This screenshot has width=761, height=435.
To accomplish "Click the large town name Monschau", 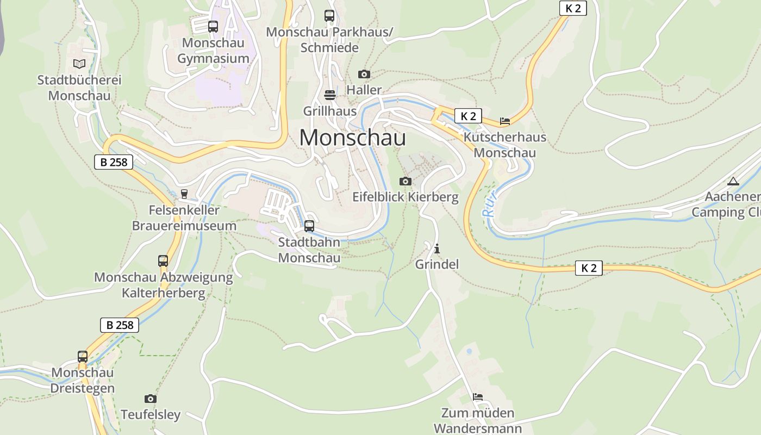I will pyautogui.click(x=352, y=138).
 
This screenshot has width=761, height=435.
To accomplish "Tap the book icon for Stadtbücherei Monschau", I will pyautogui.click(x=79, y=64).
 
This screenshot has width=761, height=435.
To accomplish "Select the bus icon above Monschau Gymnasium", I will pyautogui.click(x=213, y=26).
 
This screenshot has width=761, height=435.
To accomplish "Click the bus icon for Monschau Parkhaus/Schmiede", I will pyautogui.click(x=329, y=16).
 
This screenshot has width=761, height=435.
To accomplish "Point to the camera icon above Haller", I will pyautogui.click(x=364, y=74).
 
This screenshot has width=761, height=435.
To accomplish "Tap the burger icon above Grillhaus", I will pyautogui.click(x=329, y=95).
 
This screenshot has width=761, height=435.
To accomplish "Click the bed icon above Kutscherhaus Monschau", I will pyautogui.click(x=505, y=121).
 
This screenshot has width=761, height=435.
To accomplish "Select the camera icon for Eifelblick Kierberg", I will pyautogui.click(x=406, y=181).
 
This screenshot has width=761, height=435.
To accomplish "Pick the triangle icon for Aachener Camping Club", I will pyautogui.click(x=733, y=181).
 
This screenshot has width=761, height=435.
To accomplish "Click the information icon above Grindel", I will pyautogui.click(x=437, y=249).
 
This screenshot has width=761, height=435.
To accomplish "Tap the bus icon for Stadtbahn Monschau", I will pyautogui.click(x=309, y=226).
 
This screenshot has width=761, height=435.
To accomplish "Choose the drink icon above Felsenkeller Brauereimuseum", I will pyautogui.click(x=184, y=194).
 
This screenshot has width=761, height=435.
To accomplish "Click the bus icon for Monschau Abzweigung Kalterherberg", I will pyautogui.click(x=163, y=261).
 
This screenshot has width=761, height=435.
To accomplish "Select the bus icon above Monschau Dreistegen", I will pyautogui.click(x=83, y=357).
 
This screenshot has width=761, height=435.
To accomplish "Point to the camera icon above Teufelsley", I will pyautogui.click(x=151, y=399).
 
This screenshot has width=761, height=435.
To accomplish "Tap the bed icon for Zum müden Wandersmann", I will pyautogui.click(x=478, y=397).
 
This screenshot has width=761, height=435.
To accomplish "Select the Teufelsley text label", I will pyautogui.click(x=151, y=415).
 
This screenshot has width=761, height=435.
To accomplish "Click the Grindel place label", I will pyautogui.click(x=437, y=264).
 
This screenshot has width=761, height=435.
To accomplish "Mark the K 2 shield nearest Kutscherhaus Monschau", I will pyautogui.click(x=468, y=116).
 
